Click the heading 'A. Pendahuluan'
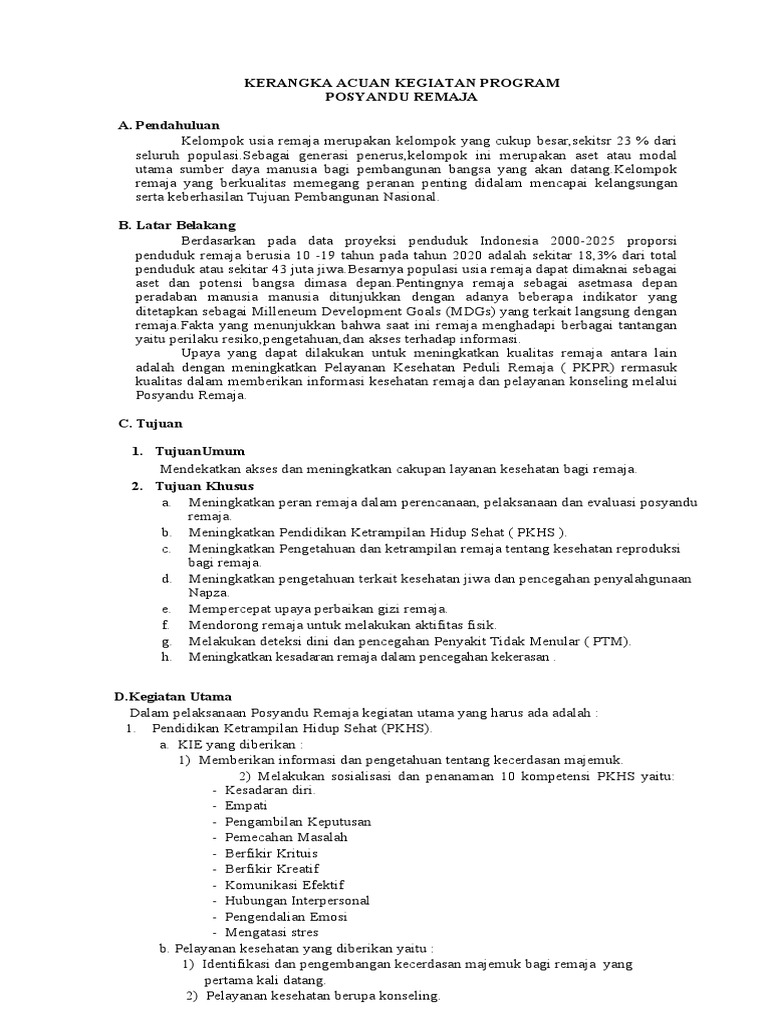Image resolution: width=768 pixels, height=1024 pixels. click(x=168, y=125)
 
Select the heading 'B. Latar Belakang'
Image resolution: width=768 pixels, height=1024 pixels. click(x=176, y=225)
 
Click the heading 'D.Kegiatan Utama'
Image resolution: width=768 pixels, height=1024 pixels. click(x=172, y=696)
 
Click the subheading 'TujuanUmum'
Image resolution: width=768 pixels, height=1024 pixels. click(x=200, y=451)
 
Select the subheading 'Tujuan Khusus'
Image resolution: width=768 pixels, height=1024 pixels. click(x=204, y=485)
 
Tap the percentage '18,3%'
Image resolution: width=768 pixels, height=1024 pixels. click(x=594, y=256)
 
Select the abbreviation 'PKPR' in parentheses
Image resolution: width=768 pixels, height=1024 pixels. click(x=581, y=366)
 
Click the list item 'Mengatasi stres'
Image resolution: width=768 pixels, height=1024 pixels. click(x=269, y=932)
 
